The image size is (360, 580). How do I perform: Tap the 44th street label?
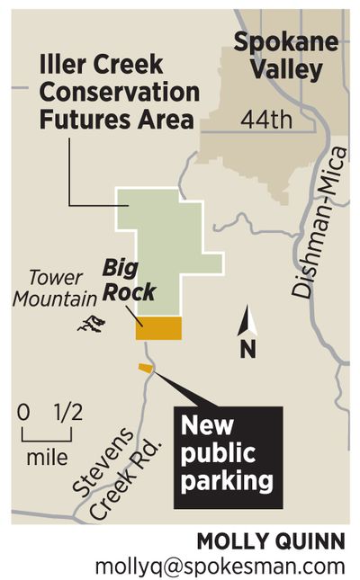coord(259,119)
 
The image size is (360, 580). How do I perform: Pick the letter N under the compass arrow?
coord(247,349)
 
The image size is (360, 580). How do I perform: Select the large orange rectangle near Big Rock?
coord(158,329)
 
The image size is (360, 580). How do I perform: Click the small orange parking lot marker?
coord(144,368)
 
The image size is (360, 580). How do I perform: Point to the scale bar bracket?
coord(46,435)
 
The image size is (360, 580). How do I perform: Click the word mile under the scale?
coord(47,457)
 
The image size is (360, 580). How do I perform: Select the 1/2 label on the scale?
coord(68,413)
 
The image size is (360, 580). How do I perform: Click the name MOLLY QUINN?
coord(271,541)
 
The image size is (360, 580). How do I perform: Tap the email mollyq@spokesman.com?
coord(220,566)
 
